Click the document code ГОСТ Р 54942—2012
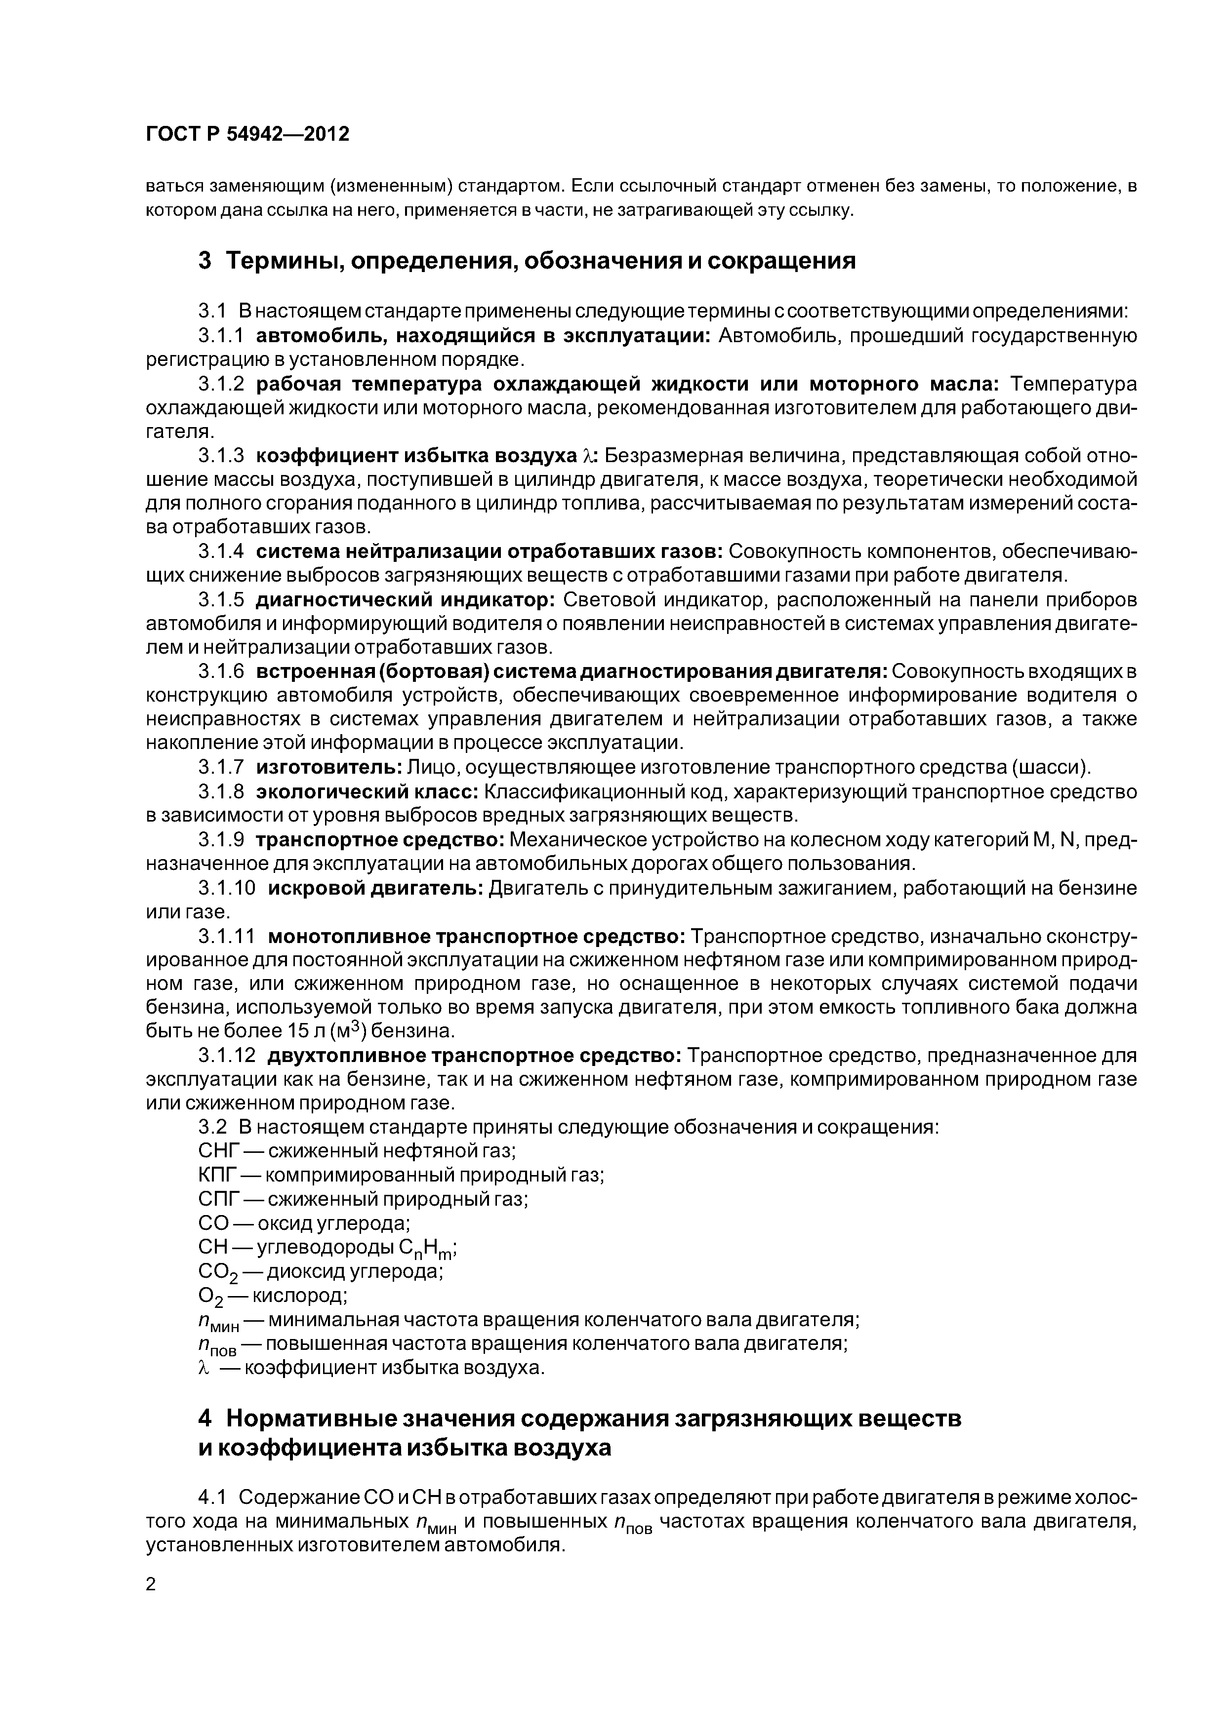click(247, 134)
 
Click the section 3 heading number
click(205, 261)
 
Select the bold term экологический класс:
click(367, 792)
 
